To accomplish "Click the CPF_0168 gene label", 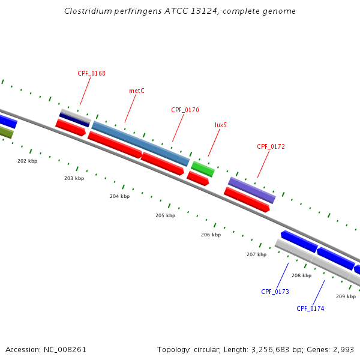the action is pyautogui.click(x=91, y=74).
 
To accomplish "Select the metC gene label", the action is pyautogui.click(x=137, y=91).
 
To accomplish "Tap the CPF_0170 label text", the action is pyautogui.click(x=185, y=110).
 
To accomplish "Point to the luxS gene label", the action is pyautogui.click(x=221, y=125).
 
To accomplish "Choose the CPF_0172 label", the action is pyautogui.click(x=271, y=146).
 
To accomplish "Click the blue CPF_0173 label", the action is pyautogui.click(x=275, y=292).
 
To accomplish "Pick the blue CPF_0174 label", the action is pyautogui.click(x=310, y=309).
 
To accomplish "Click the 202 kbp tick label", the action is pyautogui.click(x=27, y=161).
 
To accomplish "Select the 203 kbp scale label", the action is pyautogui.click(x=74, y=179).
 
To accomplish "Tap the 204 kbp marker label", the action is pyautogui.click(x=119, y=197).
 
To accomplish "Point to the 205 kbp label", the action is pyautogui.click(x=165, y=215).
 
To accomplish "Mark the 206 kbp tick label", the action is pyautogui.click(x=211, y=235).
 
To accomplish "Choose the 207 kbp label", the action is pyautogui.click(x=256, y=255).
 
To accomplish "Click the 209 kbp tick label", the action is pyautogui.click(x=346, y=297).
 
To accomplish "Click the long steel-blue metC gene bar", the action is pyautogui.click(x=140, y=144).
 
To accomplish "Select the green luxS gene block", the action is pyautogui.click(x=203, y=169).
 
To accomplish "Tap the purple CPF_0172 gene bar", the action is pyautogui.click(x=251, y=190).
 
